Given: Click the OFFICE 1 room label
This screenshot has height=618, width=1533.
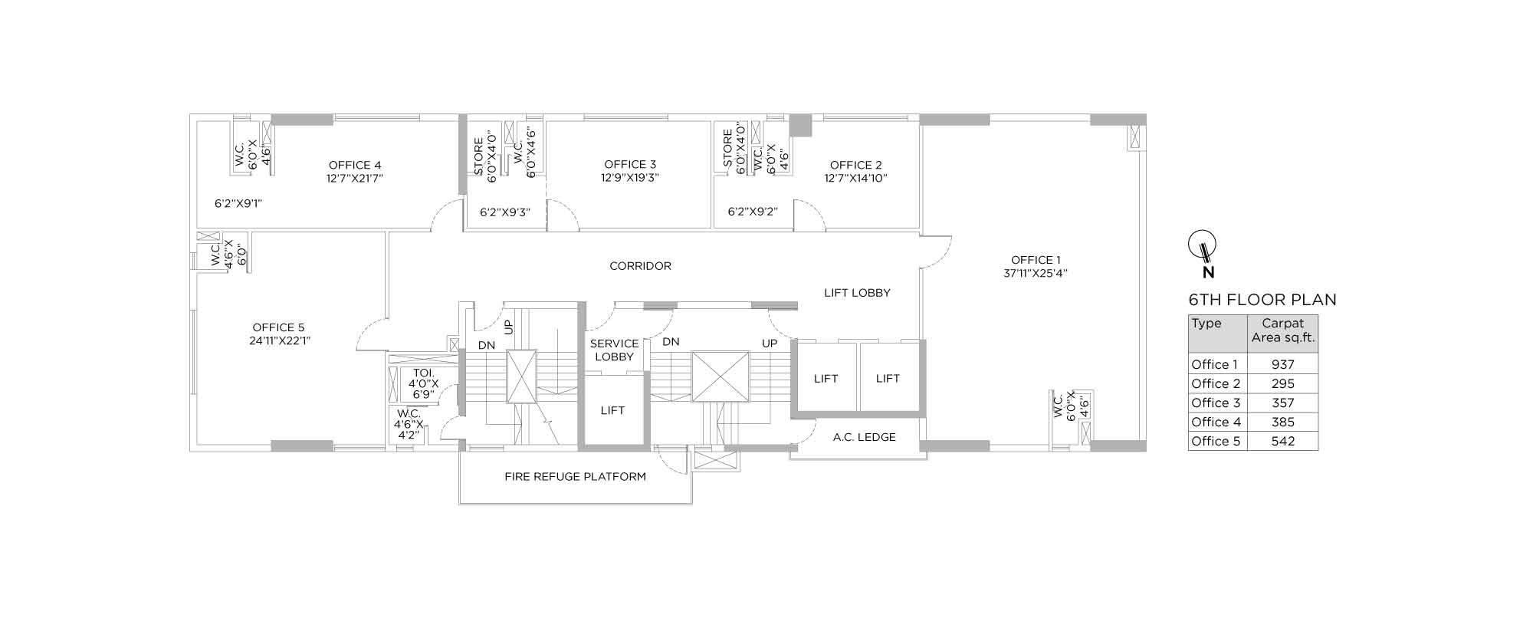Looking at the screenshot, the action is click(1036, 260).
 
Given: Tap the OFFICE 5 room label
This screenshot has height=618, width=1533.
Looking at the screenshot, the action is click(278, 327).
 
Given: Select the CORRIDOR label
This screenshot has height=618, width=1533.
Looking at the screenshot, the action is click(640, 266).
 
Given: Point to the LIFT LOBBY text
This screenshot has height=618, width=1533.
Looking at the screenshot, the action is click(857, 292).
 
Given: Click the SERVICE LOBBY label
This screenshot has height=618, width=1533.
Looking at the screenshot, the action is click(614, 350).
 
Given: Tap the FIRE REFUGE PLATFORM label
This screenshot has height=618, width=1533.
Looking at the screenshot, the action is click(575, 476).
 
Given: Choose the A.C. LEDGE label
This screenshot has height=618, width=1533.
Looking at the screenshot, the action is click(865, 437).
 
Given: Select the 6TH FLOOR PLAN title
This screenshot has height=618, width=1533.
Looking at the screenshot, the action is click(1262, 300).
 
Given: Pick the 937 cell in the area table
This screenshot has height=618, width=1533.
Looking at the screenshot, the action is click(1282, 365).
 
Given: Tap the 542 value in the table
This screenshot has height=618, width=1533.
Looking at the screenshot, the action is click(1282, 441).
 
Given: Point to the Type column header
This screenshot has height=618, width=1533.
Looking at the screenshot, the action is click(1206, 324).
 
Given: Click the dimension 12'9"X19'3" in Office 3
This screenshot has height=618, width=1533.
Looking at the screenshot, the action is click(630, 177).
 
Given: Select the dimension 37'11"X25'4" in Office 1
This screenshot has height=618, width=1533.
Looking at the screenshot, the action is click(1036, 273).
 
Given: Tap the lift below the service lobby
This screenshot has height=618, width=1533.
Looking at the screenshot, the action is click(613, 410).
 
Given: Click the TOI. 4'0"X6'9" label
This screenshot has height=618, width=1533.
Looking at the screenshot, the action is click(423, 383).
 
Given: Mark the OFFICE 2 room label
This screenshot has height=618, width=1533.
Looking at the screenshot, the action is click(855, 165).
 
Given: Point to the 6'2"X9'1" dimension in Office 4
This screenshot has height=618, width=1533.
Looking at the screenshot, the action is click(238, 203).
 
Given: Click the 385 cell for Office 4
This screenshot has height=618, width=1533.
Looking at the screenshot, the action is click(1282, 422).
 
